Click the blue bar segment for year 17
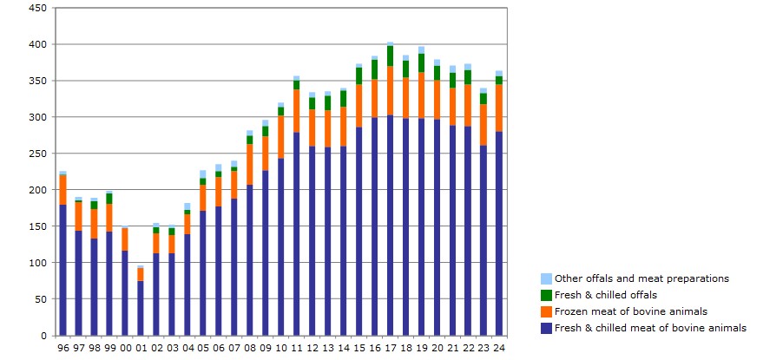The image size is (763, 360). click(391, 226)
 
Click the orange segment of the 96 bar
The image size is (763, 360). click(62, 190)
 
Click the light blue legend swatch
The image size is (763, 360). click(546, 279)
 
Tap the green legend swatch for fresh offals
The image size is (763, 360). click(546, 295)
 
